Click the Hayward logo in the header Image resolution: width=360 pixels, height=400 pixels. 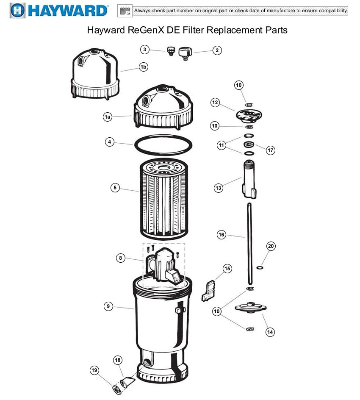click(59, 10)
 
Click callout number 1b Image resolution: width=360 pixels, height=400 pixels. click(144, 67)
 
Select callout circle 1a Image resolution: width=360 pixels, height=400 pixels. click(108, 117)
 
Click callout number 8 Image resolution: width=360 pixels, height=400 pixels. click(121, 257)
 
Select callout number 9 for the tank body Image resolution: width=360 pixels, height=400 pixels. click(109, 306)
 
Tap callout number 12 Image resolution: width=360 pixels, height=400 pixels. click(215, 102)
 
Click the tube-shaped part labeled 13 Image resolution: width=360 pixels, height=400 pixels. click(249, 180)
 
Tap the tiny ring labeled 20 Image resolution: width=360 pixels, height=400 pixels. click(259, 268)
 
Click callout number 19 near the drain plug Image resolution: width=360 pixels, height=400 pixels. click(95, 370)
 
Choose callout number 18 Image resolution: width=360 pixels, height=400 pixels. click(118, 360)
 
